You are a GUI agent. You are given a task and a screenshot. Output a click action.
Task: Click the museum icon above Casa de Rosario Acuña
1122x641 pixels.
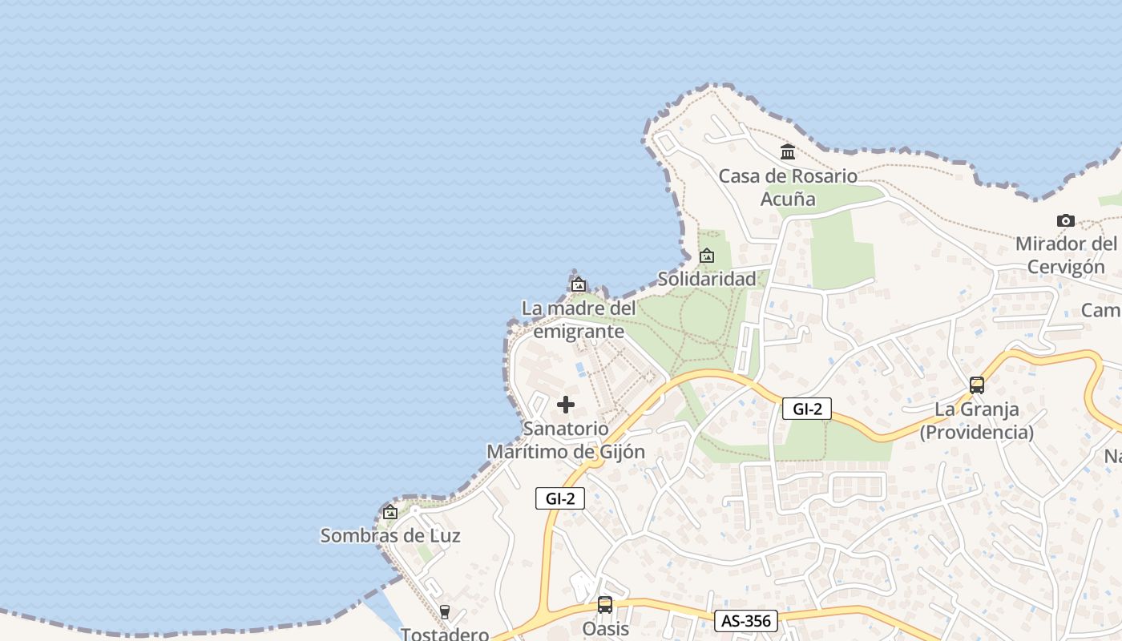[x=788, y=151]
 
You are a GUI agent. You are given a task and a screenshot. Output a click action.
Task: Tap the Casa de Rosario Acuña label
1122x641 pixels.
[x=788, y=187]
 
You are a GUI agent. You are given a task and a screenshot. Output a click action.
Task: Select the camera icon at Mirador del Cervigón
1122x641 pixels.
[x=1065, y=220]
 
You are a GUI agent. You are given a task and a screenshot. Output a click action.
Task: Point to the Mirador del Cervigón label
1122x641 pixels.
[x=1066, y=255]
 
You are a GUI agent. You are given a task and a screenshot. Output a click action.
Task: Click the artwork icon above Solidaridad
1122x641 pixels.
[x=707, y=256]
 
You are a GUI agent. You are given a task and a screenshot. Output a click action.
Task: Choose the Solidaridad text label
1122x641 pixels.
[x=707, y=279]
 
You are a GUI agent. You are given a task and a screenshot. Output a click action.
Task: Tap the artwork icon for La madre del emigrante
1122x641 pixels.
[x=579, y=284]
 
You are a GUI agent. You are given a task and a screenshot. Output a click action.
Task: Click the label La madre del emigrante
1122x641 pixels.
[x=579, y=320]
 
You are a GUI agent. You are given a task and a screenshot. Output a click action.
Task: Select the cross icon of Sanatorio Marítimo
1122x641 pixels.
[x=566, y=405]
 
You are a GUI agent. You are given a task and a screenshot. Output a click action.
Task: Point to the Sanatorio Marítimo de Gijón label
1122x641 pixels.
[x=566, y=440]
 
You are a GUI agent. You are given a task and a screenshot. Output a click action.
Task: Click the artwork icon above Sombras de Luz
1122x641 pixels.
[x=390, y=512]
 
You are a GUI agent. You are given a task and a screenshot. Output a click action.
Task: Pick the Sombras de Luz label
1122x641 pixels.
[x=390, y=535]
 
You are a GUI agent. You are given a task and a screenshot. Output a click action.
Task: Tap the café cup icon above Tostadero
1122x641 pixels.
[x=445, y=612]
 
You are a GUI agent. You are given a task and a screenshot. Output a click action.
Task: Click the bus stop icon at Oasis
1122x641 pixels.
[x=605, y=605]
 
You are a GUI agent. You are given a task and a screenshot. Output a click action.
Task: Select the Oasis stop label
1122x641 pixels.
[x=605, y=629]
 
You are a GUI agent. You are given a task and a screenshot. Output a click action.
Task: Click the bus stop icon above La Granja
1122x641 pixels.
[x=976, y=385]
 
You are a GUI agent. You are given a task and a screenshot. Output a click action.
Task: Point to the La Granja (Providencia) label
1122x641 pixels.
[x=976, y=421]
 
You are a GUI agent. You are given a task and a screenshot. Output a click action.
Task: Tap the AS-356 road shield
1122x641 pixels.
[x=745, y=621]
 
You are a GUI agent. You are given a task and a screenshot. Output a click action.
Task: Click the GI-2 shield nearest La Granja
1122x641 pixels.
[x=807, y=409]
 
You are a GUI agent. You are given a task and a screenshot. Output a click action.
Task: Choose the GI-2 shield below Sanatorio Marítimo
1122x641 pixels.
[x=560, y=498]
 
